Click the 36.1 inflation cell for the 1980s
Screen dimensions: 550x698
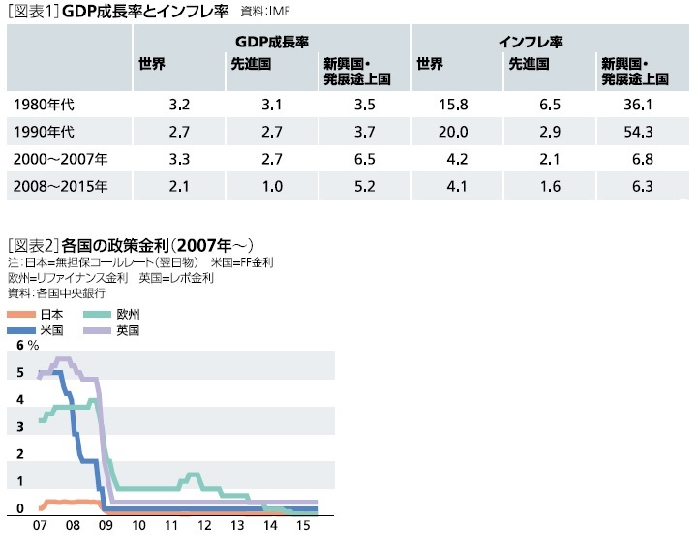pyautogui.click(x=642, y=103)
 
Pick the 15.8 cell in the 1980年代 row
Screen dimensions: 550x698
pyautogui.click(x=455, y=103)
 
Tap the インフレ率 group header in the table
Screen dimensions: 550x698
pyautogui.click(x=531, y=43)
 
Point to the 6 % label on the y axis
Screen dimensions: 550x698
pyautogui.click(x=27, y=346)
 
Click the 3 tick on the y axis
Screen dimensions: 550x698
pyautogui.click(x=20, y=427)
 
